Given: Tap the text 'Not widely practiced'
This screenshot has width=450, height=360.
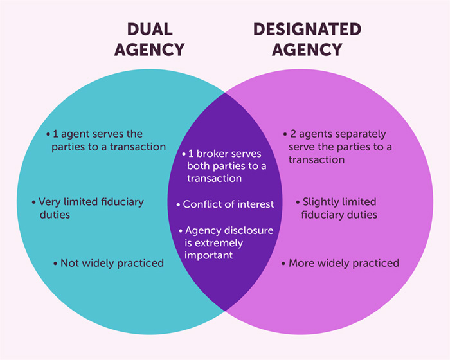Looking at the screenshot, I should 112,263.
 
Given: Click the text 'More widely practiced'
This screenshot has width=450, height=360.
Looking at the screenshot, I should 343,263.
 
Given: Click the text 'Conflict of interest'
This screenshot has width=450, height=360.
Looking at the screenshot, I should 228,204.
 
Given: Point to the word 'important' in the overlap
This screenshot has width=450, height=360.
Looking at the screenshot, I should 209,255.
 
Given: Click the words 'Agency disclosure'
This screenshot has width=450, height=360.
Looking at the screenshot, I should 229,230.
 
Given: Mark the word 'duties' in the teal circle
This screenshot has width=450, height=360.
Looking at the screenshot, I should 55,214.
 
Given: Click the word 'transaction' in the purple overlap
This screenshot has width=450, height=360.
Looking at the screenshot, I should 215,178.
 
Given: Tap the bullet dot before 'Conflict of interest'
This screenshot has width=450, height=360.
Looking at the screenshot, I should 179,204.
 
